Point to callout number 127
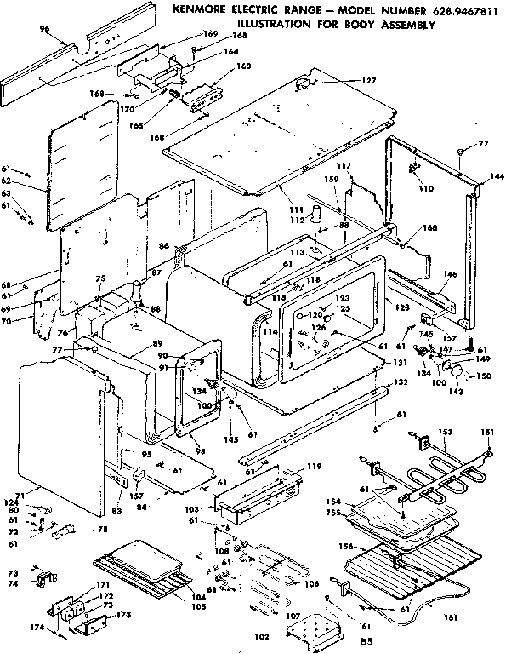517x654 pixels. point(368,81)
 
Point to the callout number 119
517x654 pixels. point(314,467)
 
